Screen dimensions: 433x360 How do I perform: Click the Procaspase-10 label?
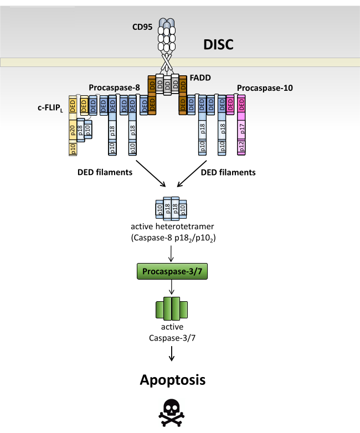point(265,87)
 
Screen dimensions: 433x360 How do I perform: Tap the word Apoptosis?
point(172,380)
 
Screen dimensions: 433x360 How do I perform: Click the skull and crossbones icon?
point(172,413)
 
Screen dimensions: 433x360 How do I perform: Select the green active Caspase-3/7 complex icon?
point(172,307)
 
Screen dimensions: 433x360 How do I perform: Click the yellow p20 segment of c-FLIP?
point(73,131)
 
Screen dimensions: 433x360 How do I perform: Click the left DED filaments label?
point(104,173)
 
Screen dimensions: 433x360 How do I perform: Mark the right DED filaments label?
point(228,173)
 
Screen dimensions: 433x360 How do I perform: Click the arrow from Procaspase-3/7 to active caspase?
point(172,286)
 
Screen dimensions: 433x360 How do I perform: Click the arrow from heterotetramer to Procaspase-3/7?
point(172,252)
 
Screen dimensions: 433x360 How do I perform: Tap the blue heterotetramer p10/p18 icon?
point(172,208)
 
